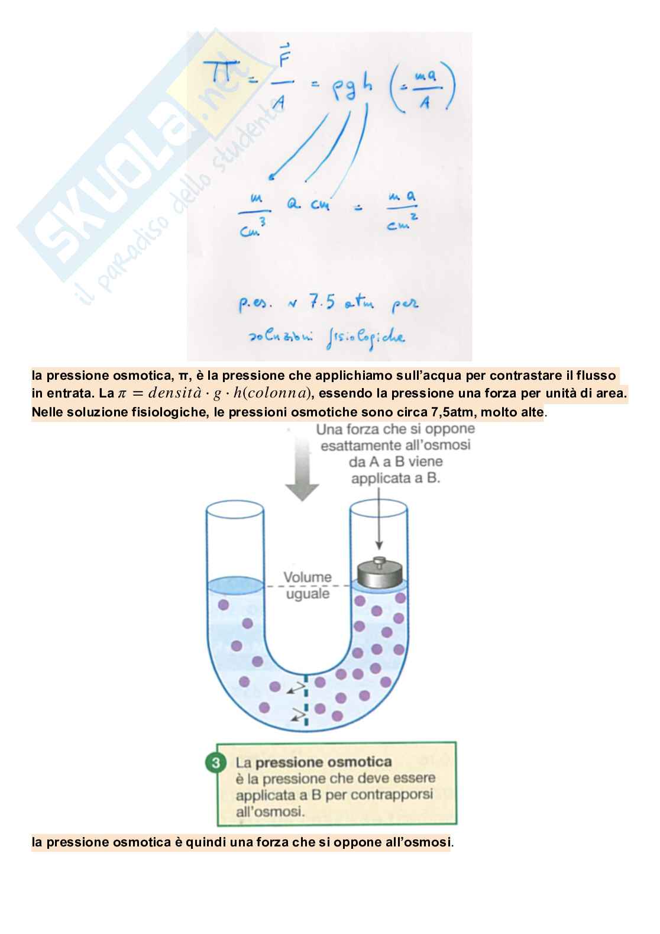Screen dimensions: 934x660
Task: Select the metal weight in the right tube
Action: (x=380, y=573)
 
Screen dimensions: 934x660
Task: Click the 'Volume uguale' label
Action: (x=308, y=585)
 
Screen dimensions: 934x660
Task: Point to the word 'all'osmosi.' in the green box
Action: (x=270, y=812)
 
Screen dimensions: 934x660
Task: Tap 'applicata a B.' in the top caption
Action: (x=396, y=478)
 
